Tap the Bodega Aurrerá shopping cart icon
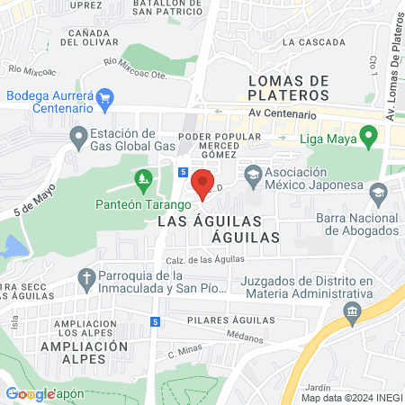coord(105,96)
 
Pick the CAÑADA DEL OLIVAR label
coord(86,37)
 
